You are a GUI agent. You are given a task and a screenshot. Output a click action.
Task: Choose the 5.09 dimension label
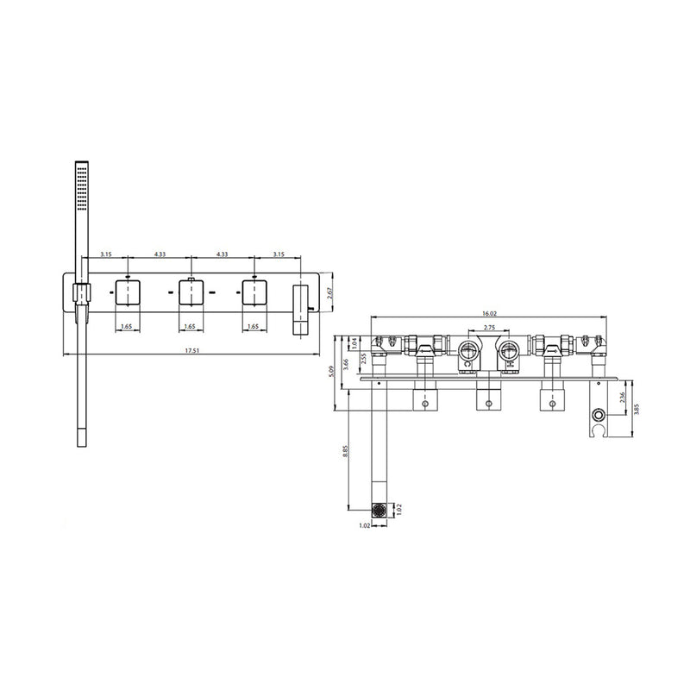[335, 373]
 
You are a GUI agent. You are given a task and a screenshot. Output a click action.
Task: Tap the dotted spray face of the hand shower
[82, 189]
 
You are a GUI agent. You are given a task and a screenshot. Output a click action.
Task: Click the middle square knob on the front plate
[191, 293]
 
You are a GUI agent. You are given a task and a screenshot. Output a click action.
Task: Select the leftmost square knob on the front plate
[128, 293]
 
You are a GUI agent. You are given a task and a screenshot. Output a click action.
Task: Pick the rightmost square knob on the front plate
[254, 293]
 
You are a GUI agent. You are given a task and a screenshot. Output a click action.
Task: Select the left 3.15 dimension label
[106, 254]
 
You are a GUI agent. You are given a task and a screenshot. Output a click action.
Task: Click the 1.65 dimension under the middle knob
[191, 327]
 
